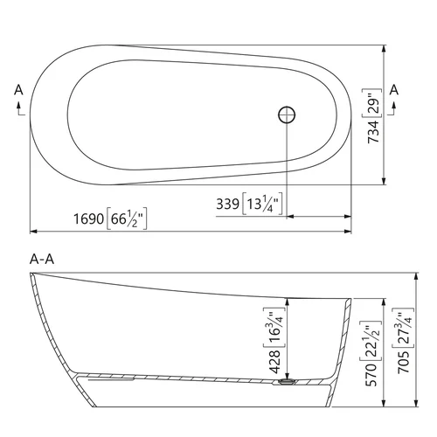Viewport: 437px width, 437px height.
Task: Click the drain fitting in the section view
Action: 287,382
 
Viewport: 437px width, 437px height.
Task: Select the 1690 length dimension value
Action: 88,218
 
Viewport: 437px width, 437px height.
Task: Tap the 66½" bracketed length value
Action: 127,218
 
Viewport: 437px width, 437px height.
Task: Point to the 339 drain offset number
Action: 228,204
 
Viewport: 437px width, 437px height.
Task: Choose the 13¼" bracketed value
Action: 262,204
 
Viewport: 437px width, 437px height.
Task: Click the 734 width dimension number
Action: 374,132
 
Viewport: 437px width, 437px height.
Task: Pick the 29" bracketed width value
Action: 372,103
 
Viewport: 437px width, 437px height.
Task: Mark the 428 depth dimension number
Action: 275,362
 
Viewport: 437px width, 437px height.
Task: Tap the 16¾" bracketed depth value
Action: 274,328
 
